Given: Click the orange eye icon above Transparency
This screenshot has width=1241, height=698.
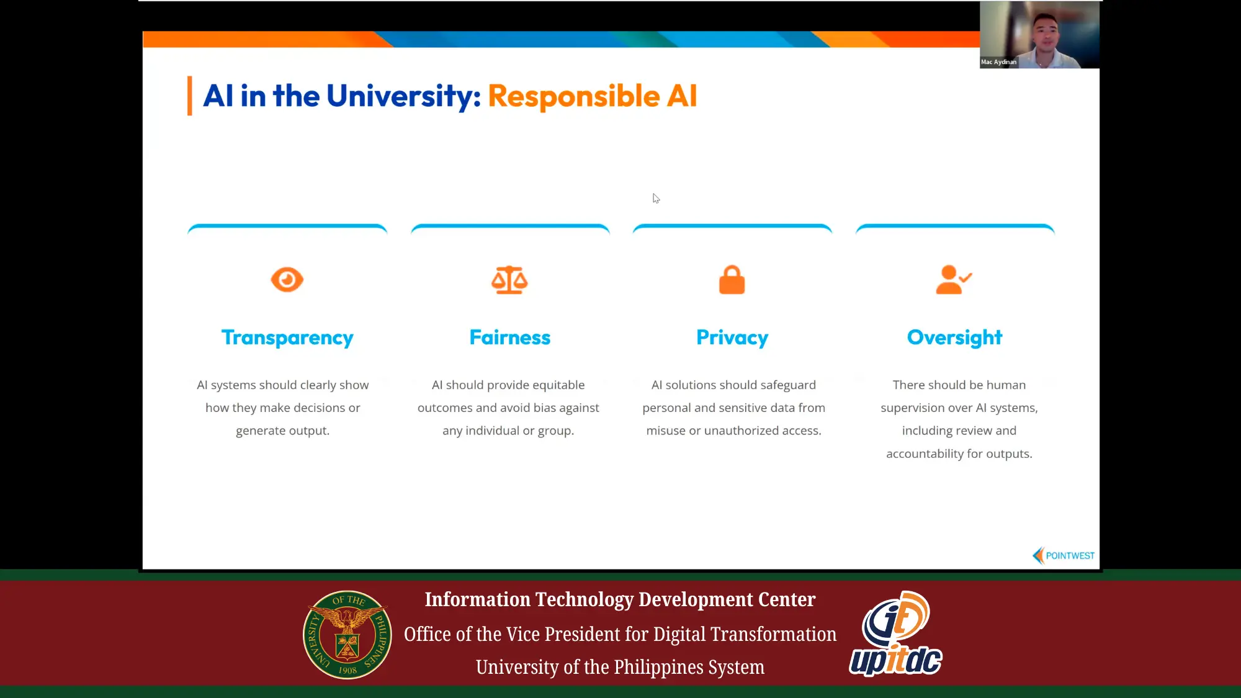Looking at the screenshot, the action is coord(287,280).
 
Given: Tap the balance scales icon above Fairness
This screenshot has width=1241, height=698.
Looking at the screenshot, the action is coord(509,280).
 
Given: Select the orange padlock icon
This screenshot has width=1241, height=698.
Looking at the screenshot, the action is coord(732,280).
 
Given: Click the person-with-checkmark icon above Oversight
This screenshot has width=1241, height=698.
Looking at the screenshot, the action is coord(954,280).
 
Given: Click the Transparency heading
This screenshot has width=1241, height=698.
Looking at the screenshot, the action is coord(287,338).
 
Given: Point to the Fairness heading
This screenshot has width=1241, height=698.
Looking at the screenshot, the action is coord(510,338).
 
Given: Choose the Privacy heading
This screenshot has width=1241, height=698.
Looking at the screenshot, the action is coord(732,338).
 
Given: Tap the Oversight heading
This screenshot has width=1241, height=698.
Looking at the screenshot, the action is coord(954,338).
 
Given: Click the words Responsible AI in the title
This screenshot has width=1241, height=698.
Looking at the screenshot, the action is coord(593,96).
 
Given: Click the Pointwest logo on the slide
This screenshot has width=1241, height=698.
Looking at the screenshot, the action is coord(1063,555).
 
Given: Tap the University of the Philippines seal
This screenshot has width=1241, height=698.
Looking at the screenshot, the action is coord(347,634).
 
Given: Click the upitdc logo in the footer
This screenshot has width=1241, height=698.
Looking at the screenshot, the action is coord(895,634).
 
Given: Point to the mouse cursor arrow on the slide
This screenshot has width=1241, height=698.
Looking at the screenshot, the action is coord(656,199).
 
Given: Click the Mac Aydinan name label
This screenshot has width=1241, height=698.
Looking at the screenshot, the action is coord(999,62).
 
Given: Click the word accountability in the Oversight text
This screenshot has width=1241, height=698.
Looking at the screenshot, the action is coord(925,454).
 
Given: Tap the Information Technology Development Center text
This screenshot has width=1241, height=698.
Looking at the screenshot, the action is coord(620,599).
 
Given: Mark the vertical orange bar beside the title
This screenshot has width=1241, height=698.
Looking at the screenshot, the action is coord(190,96).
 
